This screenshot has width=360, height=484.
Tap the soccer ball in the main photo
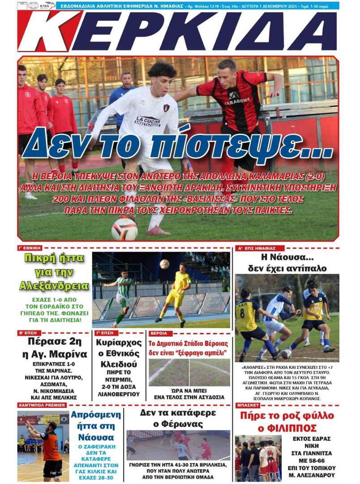[x=124, y=229]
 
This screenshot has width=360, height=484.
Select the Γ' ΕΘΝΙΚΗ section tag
[x=30, y=247]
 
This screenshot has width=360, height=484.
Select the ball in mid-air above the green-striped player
[x=164, y=264]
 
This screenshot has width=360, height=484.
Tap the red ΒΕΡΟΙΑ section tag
[x=159, y=333]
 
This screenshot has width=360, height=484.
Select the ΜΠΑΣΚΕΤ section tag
[x=248, y=405]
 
